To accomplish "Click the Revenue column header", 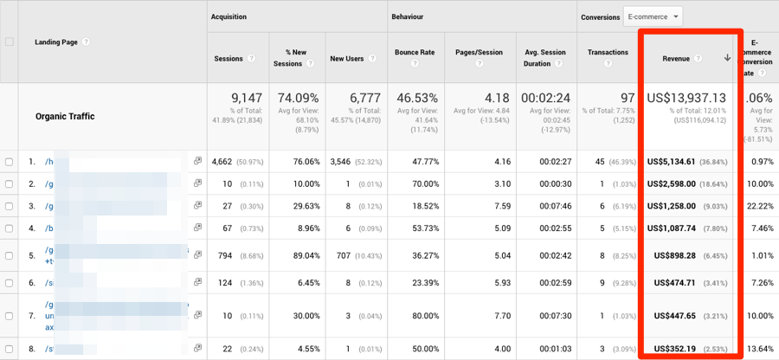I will click(x=676, y=58).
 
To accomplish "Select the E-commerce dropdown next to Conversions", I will click(x=653, y=16).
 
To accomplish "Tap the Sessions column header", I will click(x=229, y=59).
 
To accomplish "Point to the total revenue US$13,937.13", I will click(x=686, y=98).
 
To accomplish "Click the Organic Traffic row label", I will click(x=65, y=116).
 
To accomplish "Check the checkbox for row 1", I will click(x=9, y=162).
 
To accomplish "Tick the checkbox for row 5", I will click(x=9, y=257).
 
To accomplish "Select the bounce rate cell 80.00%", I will click(x=422, y=316).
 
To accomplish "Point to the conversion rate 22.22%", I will click(x=761, y=207).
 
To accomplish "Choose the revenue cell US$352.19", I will click(x=675, y=349).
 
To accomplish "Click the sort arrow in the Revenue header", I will click(x=727, y=58).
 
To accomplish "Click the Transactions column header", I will click(x=608, y=52).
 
